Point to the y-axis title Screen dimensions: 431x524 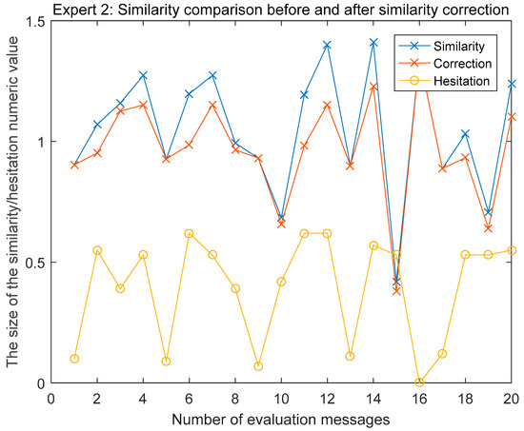10,202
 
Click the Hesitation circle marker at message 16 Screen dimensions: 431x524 419,382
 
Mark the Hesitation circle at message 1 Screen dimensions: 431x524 74,359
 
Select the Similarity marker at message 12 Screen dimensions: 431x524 327,45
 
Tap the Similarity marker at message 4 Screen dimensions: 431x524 143,74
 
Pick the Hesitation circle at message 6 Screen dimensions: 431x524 189,233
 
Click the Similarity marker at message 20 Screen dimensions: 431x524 512,84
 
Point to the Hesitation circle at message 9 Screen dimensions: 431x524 258,366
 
